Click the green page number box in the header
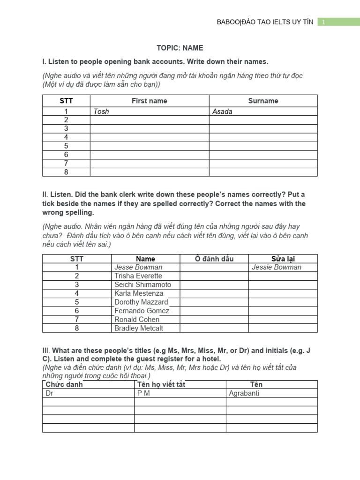click(x=338, y=22)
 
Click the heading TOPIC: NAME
click(x=180, y=48)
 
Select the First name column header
click(x=149, y=101)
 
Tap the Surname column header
click(x=263, y=101)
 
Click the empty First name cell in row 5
click(x=149, y=146)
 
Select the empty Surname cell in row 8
click(x=263, y=172)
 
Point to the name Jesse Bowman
click(x=138, y=267)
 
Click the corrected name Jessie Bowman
click(x=277, y=267)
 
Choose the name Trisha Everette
click(x=138, y=276)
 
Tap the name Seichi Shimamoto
click(x=143, y=285)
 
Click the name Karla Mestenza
click(x=139, y=293)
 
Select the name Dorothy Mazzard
click(x=141, y=302)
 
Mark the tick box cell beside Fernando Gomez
click(x=214, y=311)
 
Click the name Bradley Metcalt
click(x=139, y=328)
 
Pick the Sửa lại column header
click(x=283, y=259)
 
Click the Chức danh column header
click(x=64, y=384)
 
